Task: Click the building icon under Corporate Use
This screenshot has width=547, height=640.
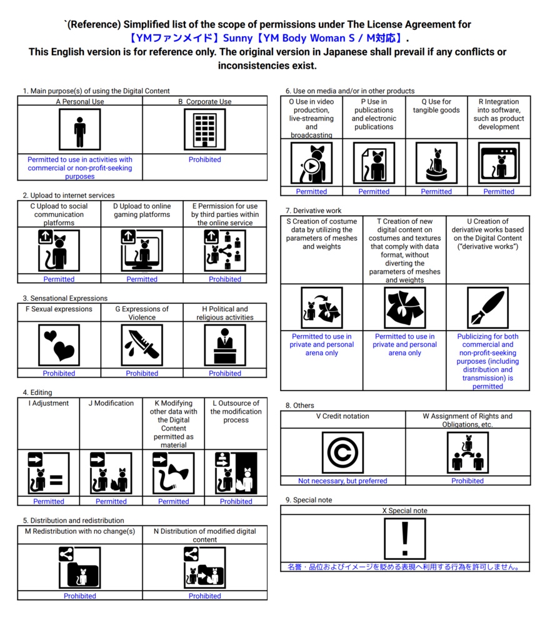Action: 204,129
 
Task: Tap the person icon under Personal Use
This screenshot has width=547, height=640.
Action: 79,129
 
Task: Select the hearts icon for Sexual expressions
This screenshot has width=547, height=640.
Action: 59,344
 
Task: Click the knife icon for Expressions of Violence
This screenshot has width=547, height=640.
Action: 142,344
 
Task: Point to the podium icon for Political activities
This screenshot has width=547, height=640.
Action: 225,344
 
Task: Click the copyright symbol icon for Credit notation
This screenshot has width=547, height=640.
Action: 342,452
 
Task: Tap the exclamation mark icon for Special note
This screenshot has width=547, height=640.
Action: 404,538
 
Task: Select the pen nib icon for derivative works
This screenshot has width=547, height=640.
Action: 488,308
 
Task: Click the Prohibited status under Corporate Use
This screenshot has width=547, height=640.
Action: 204,159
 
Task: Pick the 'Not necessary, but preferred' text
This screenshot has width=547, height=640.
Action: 342,481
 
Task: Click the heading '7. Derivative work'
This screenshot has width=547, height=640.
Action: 313,211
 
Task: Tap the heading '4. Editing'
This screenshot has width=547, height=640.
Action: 38,392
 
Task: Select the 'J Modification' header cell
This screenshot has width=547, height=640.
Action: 111,403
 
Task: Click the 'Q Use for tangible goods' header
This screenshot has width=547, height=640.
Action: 436,106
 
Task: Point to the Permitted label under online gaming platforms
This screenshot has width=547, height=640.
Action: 142,279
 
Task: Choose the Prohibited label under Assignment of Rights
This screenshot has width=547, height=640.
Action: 467,481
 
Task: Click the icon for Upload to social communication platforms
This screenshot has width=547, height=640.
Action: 59,251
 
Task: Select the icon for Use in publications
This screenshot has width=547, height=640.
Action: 373,163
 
